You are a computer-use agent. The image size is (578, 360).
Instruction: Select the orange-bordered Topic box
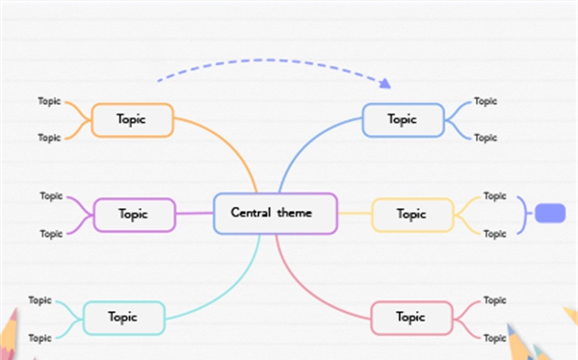[x=132, y=119]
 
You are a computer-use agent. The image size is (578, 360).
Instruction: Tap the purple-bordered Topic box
[x=134, y=215]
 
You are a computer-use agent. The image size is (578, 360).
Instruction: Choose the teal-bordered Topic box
[x=123, y=317]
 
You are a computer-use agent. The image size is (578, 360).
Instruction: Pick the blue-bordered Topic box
[x=403, y=119]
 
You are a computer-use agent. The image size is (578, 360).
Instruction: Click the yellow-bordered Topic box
[x=411, y=215]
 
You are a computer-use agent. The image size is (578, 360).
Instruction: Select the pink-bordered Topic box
[x=411, y=317]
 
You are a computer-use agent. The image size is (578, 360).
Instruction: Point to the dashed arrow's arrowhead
[x=385, y=83]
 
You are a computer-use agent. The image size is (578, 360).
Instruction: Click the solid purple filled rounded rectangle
[x=550, y=214]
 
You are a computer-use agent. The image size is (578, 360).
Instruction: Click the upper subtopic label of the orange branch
[x=49, y=100]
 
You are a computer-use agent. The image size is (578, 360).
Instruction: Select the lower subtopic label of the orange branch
[x=49, y=138]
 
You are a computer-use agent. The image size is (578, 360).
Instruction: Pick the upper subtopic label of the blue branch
[x=486, y=100]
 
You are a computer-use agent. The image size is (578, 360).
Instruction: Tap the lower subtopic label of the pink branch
[x=494, y=338]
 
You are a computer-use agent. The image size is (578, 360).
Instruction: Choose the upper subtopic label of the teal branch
[x=39, y=300]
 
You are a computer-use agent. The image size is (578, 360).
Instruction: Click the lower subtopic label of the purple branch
[x=51, y=233]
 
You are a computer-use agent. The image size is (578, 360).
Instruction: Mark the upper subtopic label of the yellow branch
[x=494, y=196]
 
